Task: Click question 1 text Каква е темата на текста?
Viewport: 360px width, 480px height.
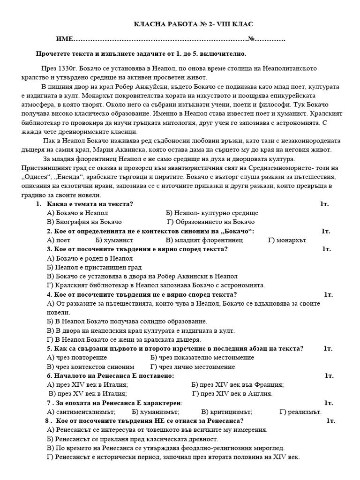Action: click(x=90, y=204)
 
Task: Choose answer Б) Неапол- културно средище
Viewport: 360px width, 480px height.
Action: click(x=209, y=213)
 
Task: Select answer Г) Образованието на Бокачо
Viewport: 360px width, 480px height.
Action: click(x=211, y=222)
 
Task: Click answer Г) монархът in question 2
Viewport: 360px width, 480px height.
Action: click(x=287, y=240)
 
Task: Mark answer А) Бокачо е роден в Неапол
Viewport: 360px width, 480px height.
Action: click(x=90, y=258)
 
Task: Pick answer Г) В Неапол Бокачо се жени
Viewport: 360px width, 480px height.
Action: click(x=124, y=339)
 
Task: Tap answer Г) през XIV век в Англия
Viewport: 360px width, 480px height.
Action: click(x=232, y=394)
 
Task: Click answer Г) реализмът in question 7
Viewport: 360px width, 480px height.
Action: click(x=300, y=412)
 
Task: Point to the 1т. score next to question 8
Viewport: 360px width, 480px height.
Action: click(x=330, y=420)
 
